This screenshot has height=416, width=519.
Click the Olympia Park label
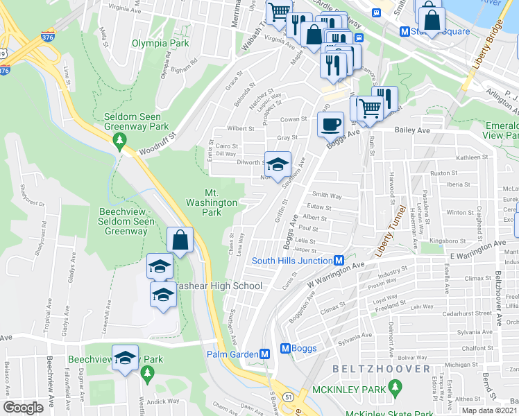click(160, 43)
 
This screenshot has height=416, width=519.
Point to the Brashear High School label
click(221, 286)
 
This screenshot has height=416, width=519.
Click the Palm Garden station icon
click(265, 354)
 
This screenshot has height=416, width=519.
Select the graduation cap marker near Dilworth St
click(278, 165)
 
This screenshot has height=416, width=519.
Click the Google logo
click(23, 407)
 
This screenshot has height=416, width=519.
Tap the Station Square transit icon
click(404, 31)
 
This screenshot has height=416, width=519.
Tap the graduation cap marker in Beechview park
click(125, 358)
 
